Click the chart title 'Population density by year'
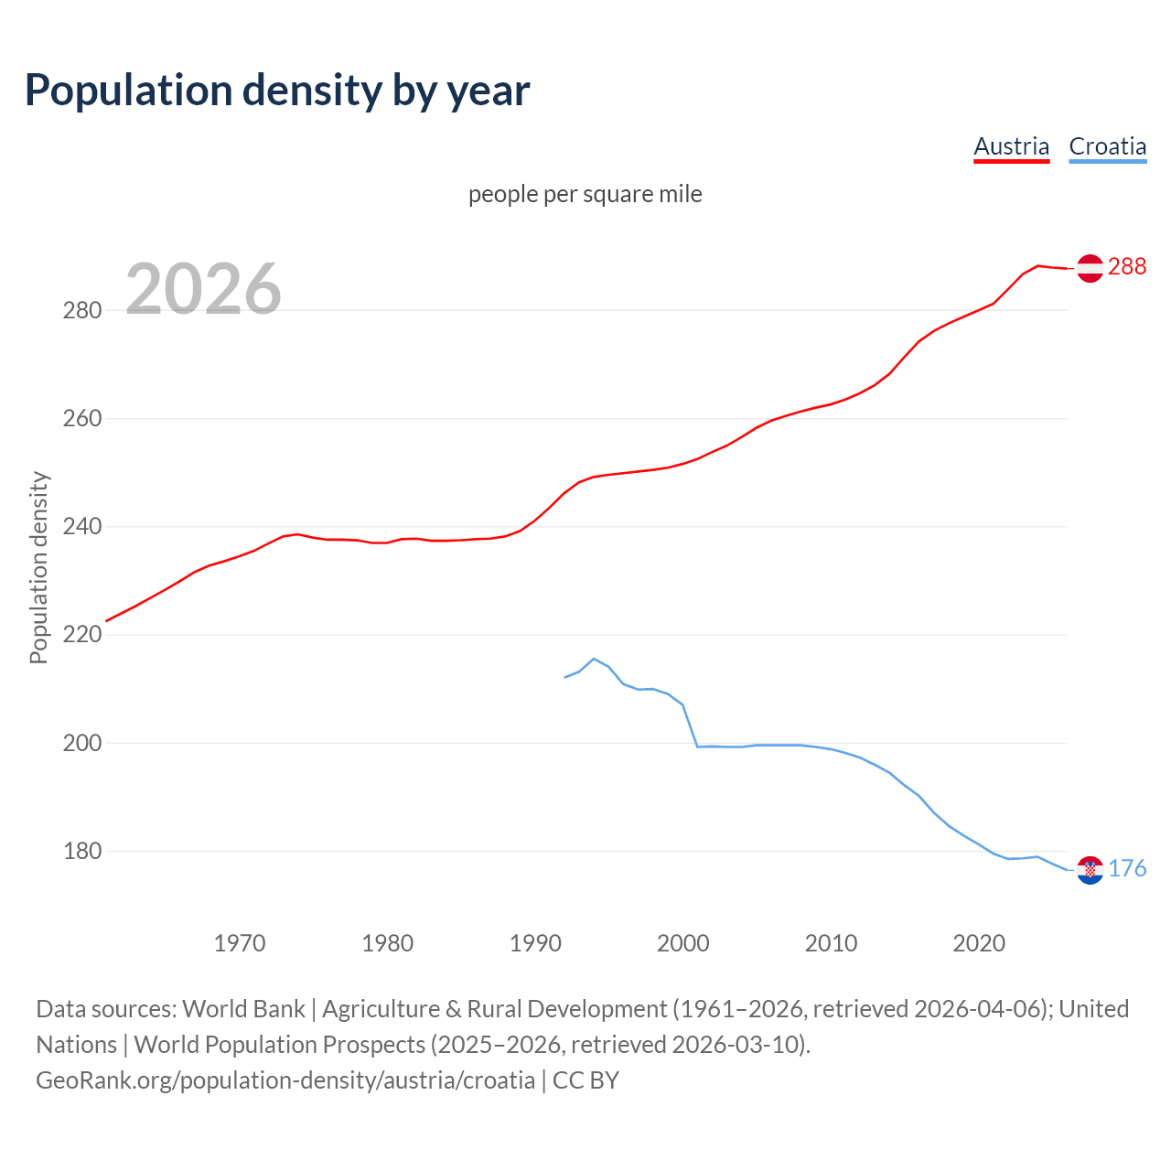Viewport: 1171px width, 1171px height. pos(277,91)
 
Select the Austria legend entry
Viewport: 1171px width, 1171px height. pos(1011,146)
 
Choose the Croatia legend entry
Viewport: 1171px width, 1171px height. pos(1107,146)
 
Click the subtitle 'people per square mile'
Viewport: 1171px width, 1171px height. pos(585,194)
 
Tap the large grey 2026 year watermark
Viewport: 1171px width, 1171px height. pos(203,288)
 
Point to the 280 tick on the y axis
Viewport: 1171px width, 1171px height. pos(81,310)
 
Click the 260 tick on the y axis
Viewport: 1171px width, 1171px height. pos(81,418)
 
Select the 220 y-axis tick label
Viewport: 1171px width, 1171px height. pos(81,635)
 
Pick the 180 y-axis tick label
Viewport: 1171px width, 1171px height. pos(81,851)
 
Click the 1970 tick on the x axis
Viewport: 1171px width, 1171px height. pos(240,942)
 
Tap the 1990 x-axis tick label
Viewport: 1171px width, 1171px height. pos(535,942)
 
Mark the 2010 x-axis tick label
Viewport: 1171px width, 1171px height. pos(831,942)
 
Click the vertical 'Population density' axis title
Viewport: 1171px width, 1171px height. pos(38,567)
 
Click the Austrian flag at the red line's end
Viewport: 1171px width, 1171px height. pos(1090,268)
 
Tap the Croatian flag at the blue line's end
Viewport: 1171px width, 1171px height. pos(1090,870)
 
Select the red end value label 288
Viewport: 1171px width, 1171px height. pos(1126,266)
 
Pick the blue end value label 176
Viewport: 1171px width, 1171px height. pos(1127,868)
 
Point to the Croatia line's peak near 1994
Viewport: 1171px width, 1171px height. pos(594,659)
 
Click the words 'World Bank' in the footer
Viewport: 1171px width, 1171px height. pos(243,1009)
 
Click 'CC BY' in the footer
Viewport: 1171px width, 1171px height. pos(585,1080)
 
